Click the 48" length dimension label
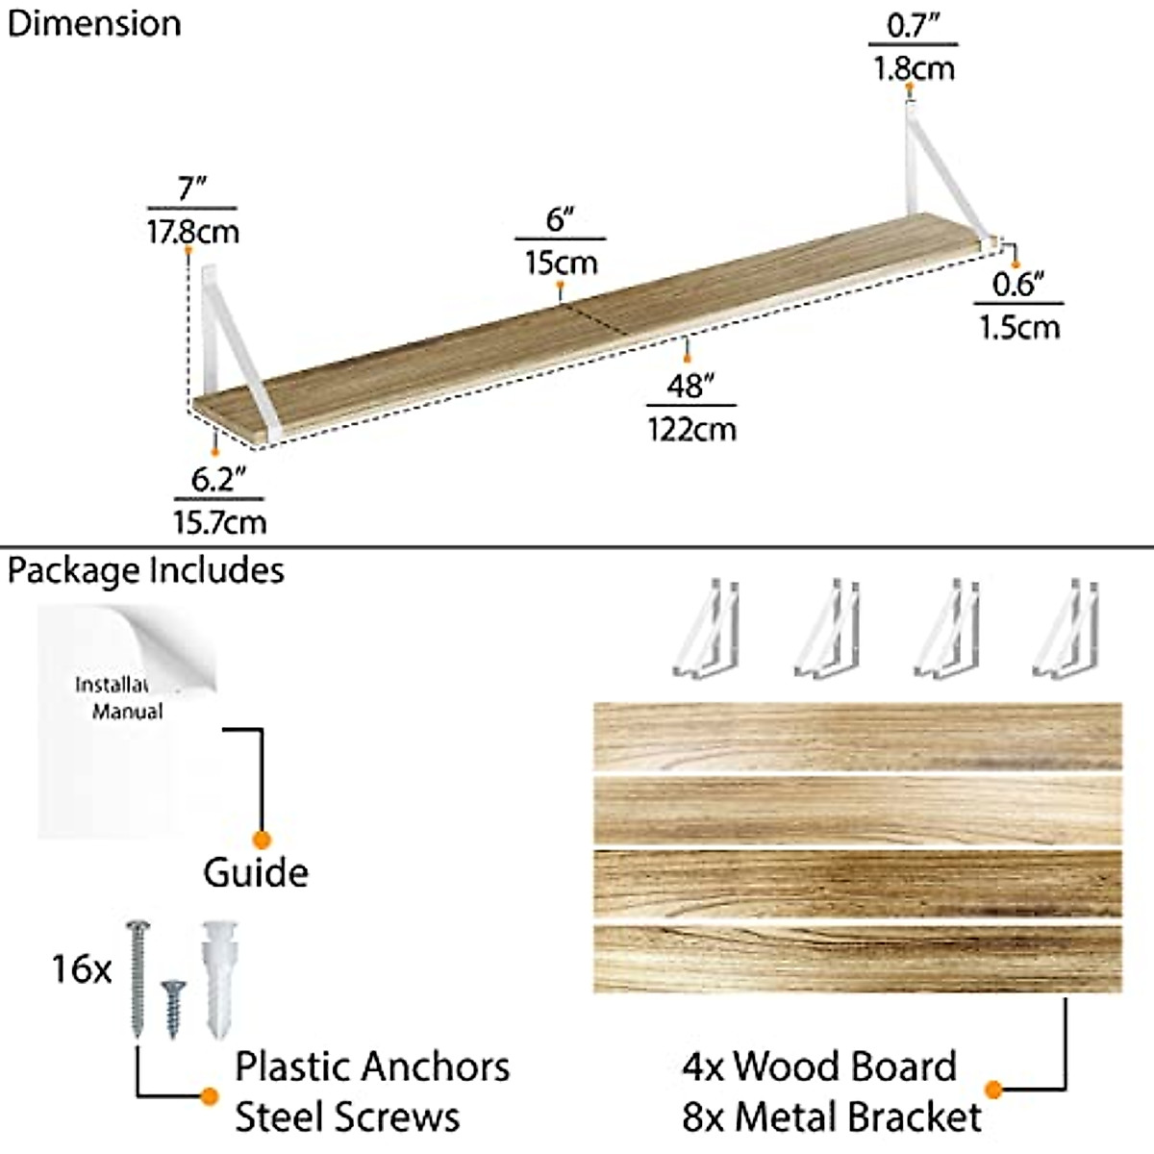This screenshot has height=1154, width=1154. (691, 387)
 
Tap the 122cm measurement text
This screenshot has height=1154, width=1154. (691, 427)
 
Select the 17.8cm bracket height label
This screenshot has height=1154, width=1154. (192, 232)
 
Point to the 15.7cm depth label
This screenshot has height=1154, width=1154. (219, 521)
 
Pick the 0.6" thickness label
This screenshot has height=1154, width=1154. (1017, 285)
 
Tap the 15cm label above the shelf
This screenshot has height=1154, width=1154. (561, 262)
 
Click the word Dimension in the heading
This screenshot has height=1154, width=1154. (93, 23)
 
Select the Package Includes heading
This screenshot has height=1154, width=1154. (146, 570)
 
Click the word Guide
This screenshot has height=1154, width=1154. (256, 873)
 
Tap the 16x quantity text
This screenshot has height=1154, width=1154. (82, 968)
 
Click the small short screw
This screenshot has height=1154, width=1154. (173, 1006)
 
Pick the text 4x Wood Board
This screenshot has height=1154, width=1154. (819, 1066)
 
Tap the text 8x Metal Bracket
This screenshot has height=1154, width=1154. (831, 1117)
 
